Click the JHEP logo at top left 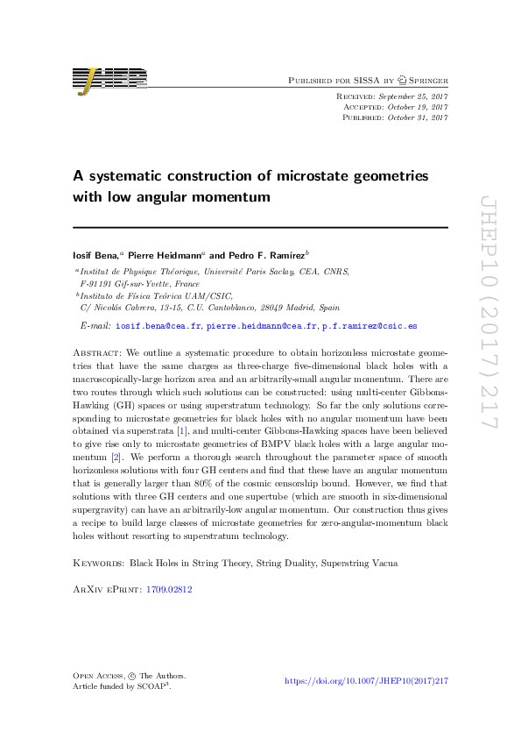coord(109,80)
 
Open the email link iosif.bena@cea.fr coord(158,325)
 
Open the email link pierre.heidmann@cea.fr coord(261,325)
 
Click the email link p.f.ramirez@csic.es coord(370,325)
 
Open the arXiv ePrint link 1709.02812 coord(171,590)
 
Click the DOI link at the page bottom coord(367,681)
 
